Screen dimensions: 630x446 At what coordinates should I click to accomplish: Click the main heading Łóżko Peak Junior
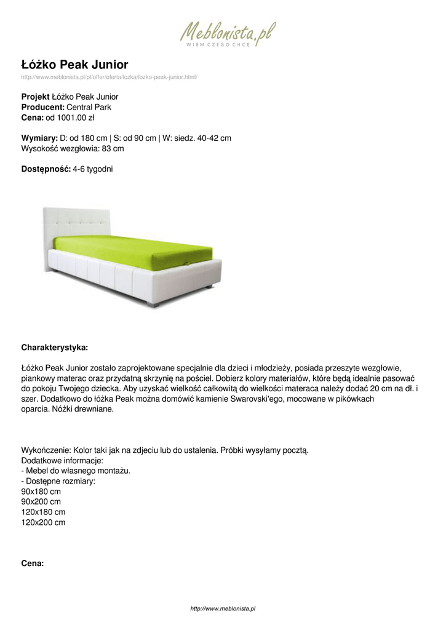74,65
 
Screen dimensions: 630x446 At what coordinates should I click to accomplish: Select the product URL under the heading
109,77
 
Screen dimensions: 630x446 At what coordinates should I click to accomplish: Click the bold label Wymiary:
39,138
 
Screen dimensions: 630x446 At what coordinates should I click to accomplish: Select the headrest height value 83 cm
113,148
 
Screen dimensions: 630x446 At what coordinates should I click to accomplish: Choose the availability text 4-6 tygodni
93,169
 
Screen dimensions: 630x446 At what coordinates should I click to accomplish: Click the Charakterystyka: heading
55,348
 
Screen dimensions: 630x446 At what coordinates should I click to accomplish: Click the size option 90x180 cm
41,492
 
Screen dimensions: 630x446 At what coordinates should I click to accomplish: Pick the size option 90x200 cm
41,502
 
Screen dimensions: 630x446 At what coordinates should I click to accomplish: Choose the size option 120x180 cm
43,512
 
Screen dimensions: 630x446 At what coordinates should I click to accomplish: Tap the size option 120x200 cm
43,522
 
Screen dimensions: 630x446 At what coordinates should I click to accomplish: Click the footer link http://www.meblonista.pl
223,608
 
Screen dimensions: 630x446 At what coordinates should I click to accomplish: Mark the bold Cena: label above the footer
33,562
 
